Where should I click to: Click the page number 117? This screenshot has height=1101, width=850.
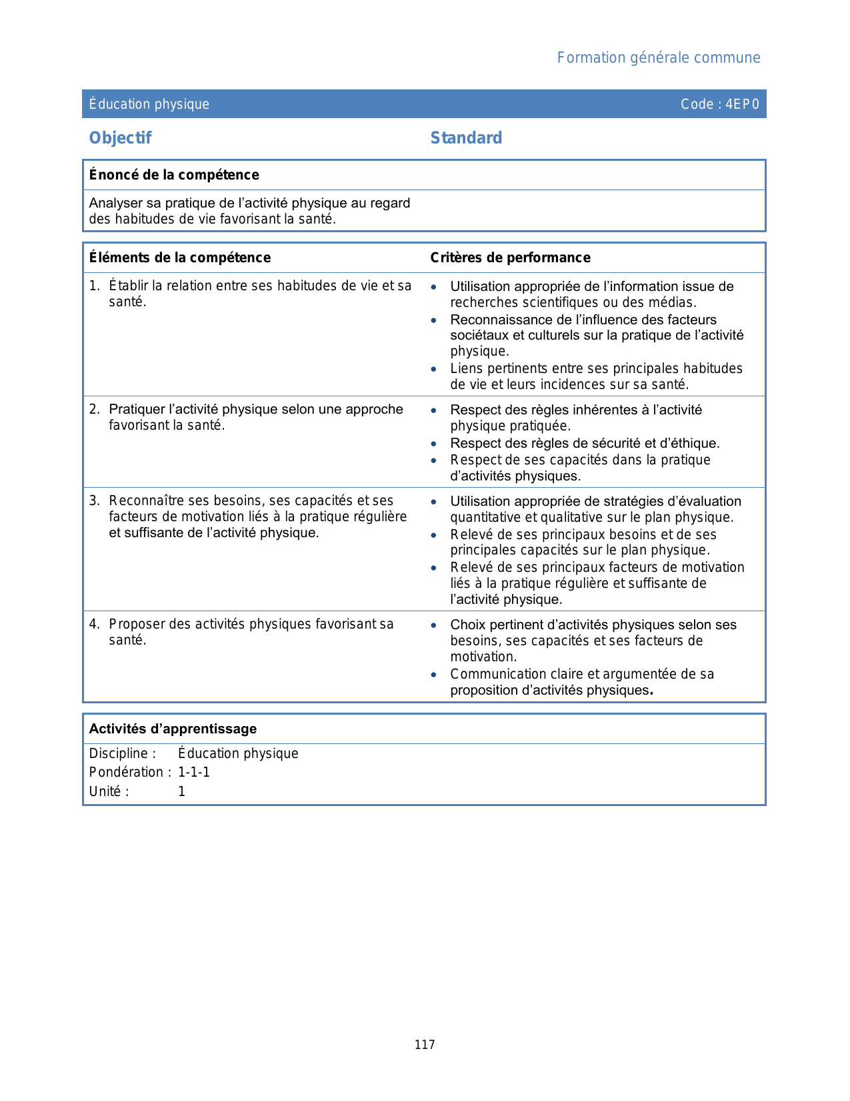(425, 1045)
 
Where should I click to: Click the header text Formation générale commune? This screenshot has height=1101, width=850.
(658, 58)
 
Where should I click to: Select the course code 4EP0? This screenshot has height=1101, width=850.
(742, 104)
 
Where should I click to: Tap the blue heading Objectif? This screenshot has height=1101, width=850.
(121, 138)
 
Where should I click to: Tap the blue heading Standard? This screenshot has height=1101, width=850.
(466, 138)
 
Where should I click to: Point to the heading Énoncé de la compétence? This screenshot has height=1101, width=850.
(174, 175)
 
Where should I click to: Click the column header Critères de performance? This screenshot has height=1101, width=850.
(510, 258)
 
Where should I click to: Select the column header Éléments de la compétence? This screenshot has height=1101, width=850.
(180, 258)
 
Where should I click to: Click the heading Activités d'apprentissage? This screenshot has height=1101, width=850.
(173, 729)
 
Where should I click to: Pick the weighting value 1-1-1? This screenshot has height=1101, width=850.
(194, 772)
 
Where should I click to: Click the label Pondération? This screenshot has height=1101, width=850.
(127, 772)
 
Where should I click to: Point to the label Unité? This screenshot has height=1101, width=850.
(106, 791)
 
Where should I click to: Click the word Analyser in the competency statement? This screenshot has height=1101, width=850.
(115, 203)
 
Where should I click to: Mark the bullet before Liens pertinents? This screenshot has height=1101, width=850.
(434, 369)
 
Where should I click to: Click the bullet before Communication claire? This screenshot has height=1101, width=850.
(434, 675)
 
